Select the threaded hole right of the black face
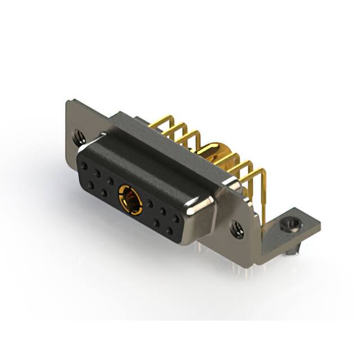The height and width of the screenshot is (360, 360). (237, 229)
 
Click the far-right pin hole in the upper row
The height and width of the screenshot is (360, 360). (176, 218)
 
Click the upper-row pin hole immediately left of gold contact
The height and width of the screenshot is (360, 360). (110, 181)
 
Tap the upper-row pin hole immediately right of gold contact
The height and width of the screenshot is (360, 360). (150, 204)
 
